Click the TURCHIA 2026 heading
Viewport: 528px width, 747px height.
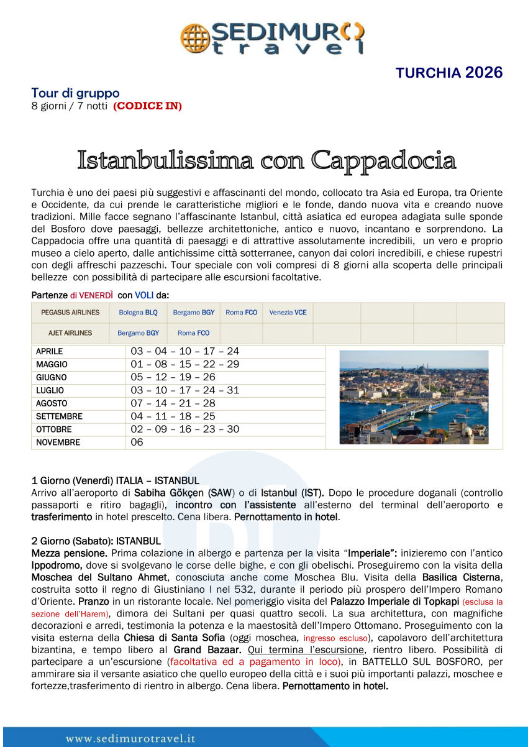point(449,72)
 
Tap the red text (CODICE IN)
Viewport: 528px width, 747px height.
point(147,106)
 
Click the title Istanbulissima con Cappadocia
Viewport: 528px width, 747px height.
point(266,160)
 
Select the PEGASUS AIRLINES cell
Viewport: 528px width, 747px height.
point(70,313)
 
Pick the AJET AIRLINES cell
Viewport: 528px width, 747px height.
point(70,333)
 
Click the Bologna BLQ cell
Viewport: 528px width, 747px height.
point(138,313)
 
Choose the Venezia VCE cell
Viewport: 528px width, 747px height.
point(288,313)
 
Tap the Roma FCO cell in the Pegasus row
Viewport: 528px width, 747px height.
point(241,313)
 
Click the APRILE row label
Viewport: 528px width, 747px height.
point(49,352)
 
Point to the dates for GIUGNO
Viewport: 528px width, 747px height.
point(173,377)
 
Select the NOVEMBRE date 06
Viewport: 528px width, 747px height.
point(137,442)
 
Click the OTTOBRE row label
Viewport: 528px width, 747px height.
point(53,429)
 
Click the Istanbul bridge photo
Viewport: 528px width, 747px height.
point(414,397)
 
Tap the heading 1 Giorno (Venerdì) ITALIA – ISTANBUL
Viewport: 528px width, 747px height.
point(116,480)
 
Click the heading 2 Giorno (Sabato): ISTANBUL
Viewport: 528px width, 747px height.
point(96,541)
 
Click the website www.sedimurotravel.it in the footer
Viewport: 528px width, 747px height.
point(130,738)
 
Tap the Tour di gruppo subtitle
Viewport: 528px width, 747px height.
point(75,93)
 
